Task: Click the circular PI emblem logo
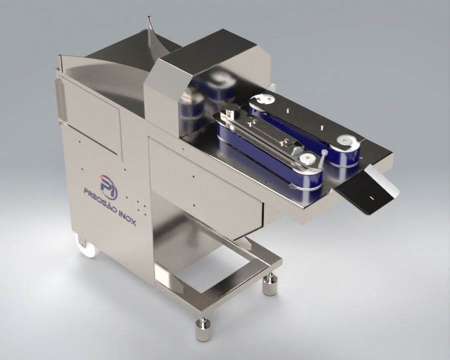(108, 186)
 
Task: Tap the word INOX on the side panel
(127, 217)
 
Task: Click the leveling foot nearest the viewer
(202, 329)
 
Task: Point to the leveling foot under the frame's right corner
(270, 284)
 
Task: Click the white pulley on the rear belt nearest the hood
(262, 99)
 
